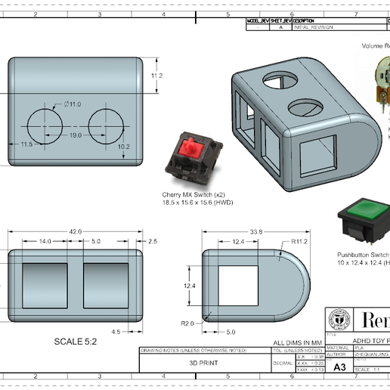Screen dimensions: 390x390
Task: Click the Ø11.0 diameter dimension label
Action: tap(73, 104)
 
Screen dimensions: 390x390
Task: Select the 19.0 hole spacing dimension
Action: tap(76, 135)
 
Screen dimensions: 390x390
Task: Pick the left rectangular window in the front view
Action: tap(45, 286)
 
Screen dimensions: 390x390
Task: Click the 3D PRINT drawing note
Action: tap(204, 362)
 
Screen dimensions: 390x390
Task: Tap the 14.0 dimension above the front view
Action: tap(45, 241)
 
